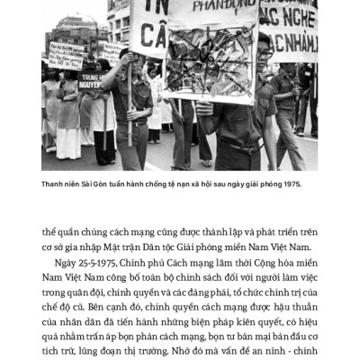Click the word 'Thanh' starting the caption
click(x=53, y=184)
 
